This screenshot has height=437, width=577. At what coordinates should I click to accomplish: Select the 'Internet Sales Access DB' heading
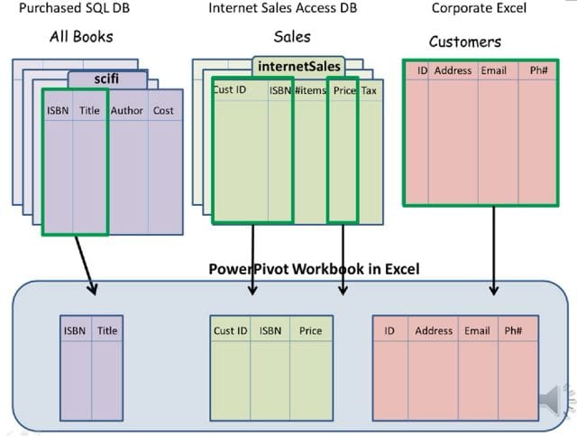pos(281,9)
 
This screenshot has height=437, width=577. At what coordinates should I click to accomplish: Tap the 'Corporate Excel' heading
pos(479,9)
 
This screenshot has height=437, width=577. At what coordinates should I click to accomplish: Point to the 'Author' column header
pos(127,111)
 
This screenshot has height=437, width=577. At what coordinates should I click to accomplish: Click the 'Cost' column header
pos(163,111)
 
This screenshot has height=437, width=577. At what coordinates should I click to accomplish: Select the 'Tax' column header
pos(370,91)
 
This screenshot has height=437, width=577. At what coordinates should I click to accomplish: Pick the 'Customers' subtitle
pos(465,42)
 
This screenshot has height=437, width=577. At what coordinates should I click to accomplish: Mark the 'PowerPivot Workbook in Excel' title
pos(314,269)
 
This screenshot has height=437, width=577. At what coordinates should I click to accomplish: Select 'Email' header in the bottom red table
pos(477,331)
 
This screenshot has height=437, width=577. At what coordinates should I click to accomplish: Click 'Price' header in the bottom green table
pos(310,331)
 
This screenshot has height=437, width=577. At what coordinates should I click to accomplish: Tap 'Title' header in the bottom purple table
pos(107,331)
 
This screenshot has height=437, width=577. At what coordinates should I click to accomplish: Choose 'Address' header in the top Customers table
pos(453,70)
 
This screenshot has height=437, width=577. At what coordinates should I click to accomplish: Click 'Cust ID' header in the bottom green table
pos(230,331)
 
